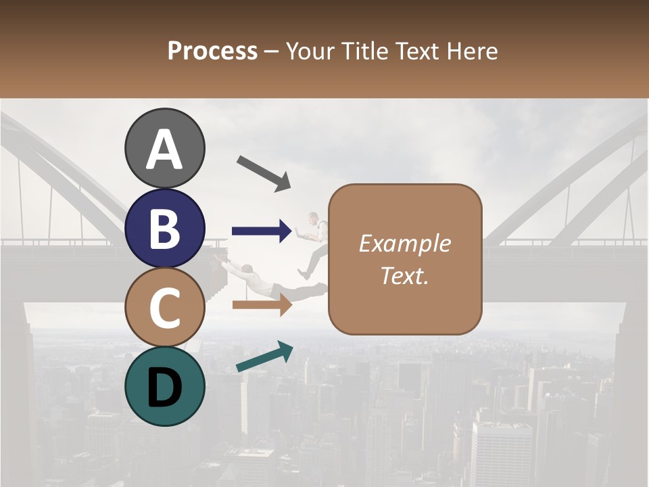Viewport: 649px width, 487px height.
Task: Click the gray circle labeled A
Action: point(164,148)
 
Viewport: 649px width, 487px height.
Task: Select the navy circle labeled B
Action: point(164,228)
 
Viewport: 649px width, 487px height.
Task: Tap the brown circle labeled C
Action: point(164,307)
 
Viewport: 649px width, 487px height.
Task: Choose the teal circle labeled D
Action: point(164,386)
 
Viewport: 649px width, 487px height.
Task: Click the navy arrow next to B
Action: point(262,231)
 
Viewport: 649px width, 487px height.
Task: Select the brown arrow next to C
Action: point(262,305)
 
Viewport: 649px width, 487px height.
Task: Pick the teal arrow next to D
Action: point(264,357)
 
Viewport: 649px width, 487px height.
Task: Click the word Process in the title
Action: point(212,51)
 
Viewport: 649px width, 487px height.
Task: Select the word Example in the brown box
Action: point(404,243)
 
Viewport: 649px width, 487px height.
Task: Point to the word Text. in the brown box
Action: point(404,275)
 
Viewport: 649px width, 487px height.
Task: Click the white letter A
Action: point(164,149)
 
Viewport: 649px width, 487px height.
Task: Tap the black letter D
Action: point(164,387)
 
